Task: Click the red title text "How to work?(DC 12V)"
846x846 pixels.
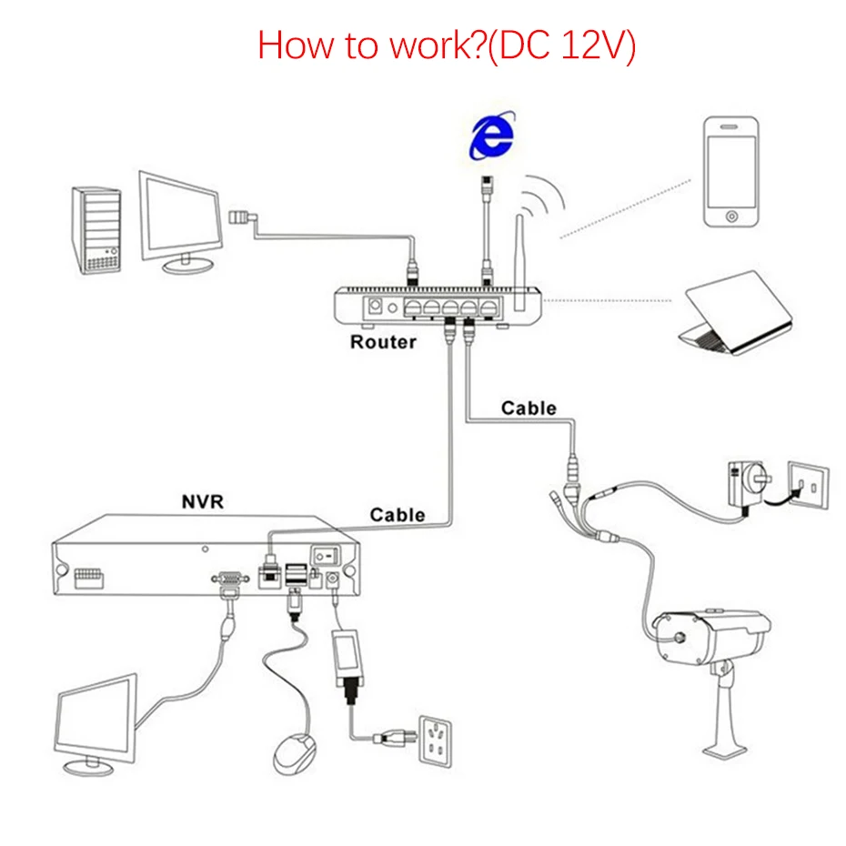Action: pyautogui.click(x=446, y=45)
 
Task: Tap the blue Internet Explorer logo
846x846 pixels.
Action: pyautogui.click(x=490, y=136)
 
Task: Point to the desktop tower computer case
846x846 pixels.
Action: pyautogui.click(x=96, y=229)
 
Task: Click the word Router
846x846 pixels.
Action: pyautogui.click(x=383, y=343)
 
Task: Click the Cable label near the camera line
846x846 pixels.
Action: pyautogui.click(x=529, y=408)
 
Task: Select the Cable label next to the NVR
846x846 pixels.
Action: pyautogui.click(x=397, y=515)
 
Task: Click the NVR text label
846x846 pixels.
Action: pyautogui.click(x=207, y=501)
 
